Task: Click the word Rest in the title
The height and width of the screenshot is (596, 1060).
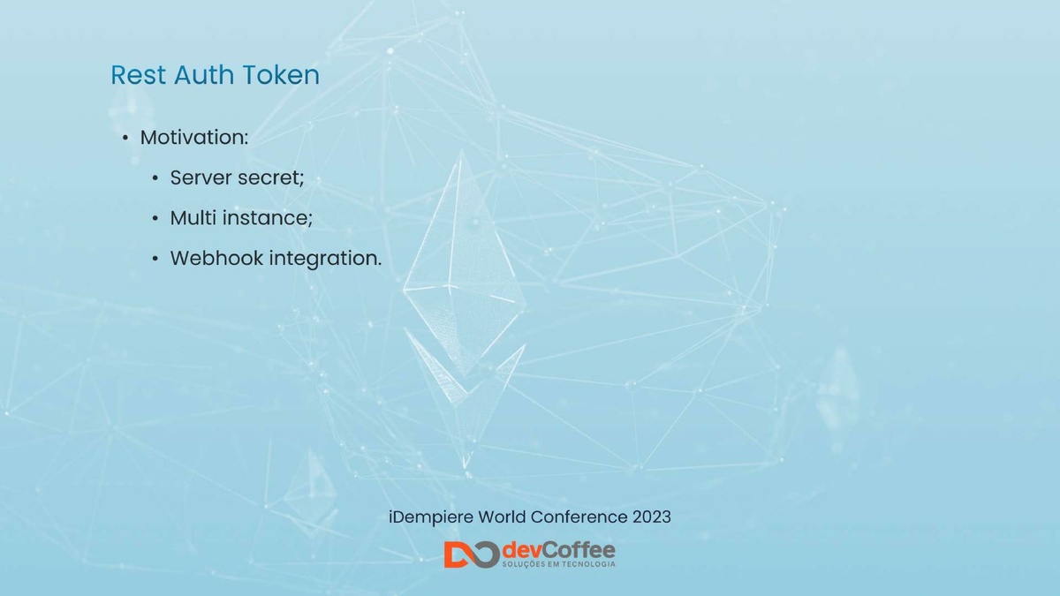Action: pos(138,75)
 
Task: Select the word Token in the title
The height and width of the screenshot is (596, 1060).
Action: pos(281,75)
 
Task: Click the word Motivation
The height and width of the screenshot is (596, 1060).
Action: pos(194,138)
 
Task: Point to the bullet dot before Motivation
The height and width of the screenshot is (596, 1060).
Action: pos(125,138)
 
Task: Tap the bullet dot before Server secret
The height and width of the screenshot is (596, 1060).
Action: pos(155,178)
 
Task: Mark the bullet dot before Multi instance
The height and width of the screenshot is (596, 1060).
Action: pos(155,219)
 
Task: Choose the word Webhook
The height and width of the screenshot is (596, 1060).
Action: pos(216,258)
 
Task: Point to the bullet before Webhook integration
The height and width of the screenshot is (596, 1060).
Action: pos(155,259)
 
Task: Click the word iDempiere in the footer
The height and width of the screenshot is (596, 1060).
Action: pos(431,517)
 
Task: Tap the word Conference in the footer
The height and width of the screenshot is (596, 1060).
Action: pos(582,517)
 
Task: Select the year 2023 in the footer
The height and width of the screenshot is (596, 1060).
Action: pos(652,517)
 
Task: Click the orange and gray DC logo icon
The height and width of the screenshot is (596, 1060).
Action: pos(472,555)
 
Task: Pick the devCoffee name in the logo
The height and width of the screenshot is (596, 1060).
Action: pos(558,551)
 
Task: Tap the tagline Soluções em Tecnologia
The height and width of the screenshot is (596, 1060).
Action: pos(558,564)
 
